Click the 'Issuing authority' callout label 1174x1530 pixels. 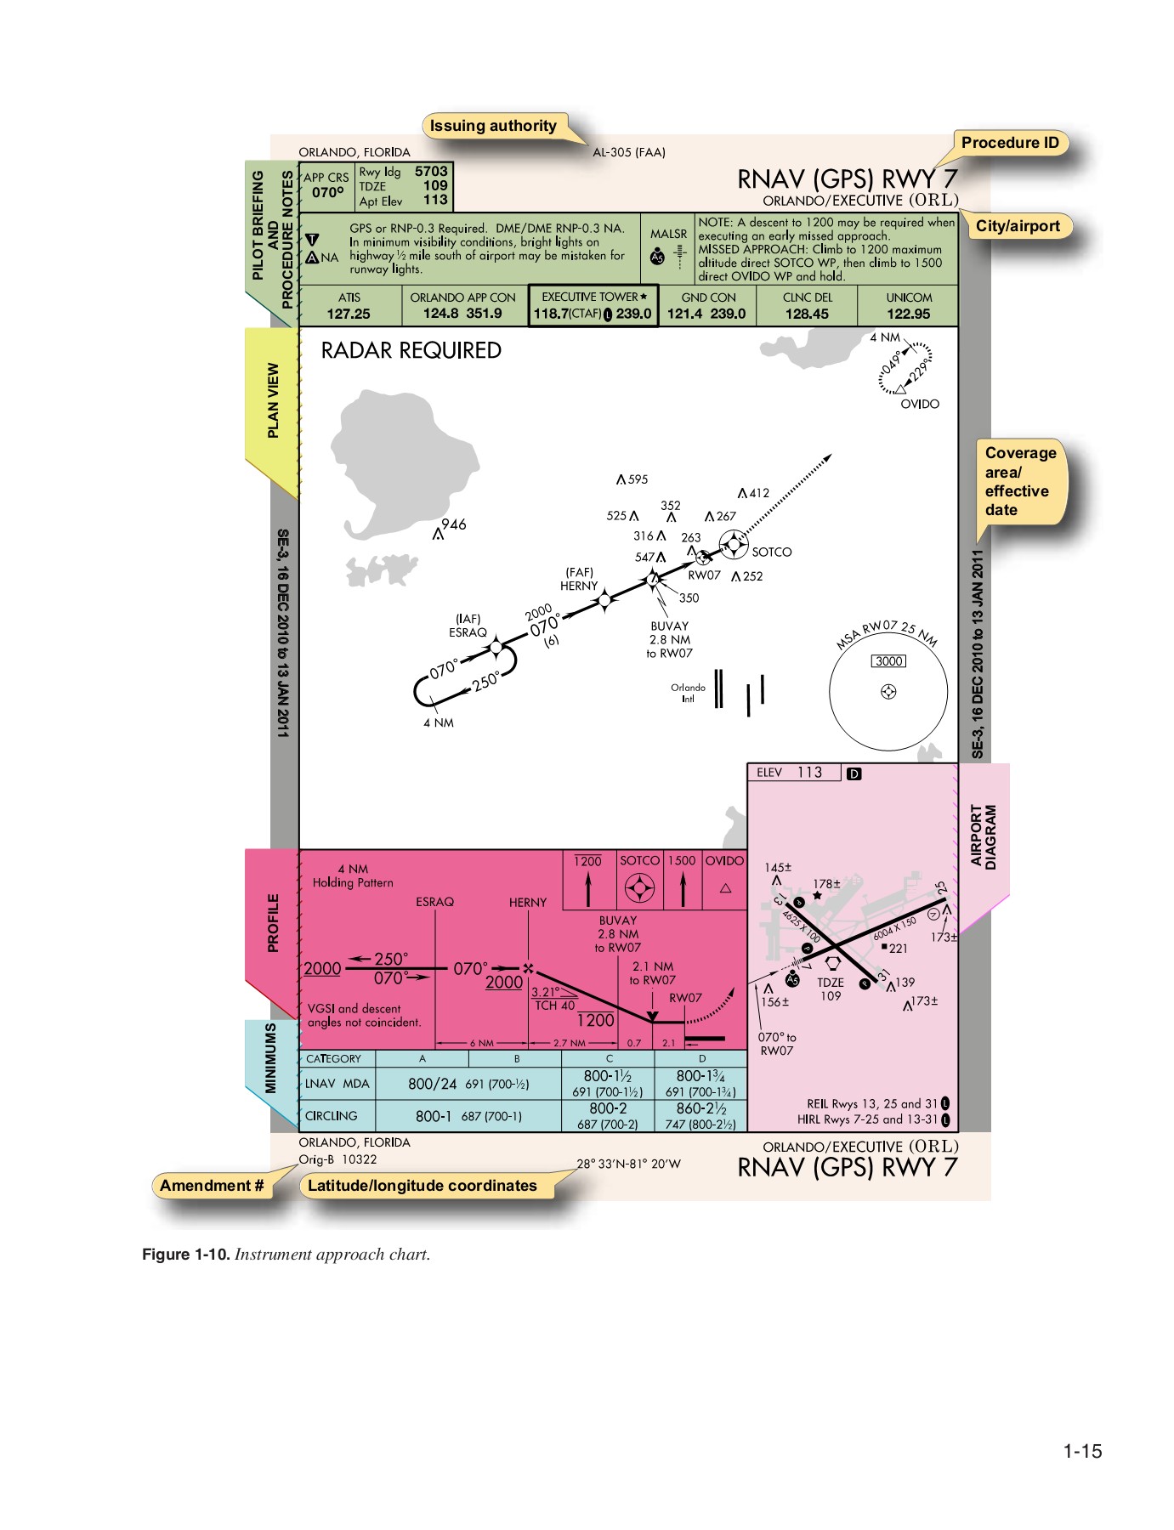pos(493,126)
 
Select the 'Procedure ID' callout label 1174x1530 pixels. pos(1010,143)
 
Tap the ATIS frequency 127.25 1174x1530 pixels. pos(349,314)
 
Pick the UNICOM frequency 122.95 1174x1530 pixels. pos(909,314)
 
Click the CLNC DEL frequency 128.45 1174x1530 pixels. pos(807,314)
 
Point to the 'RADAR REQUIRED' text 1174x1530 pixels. pos(411,351)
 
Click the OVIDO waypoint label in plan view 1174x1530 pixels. pos(920,404)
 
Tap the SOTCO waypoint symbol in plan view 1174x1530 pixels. pos(732,543)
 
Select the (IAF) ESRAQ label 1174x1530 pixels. pos(468,626)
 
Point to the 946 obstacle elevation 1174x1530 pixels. pos(454,524)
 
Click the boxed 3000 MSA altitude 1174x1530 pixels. pos(888,661)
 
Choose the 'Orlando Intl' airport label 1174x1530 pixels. pos(688,693)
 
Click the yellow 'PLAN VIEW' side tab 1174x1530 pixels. pos(273,400)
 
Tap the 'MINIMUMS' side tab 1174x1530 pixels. pos(271,1058)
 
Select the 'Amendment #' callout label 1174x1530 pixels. pos(212,1186)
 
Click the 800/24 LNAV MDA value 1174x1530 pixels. pos(432,1084)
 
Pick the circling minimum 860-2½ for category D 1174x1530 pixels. pos(701,1108)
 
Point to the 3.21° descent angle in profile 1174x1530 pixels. pos(545,992)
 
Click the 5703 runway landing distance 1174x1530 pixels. pos(431,172)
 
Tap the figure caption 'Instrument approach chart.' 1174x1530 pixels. pos(332,1255)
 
